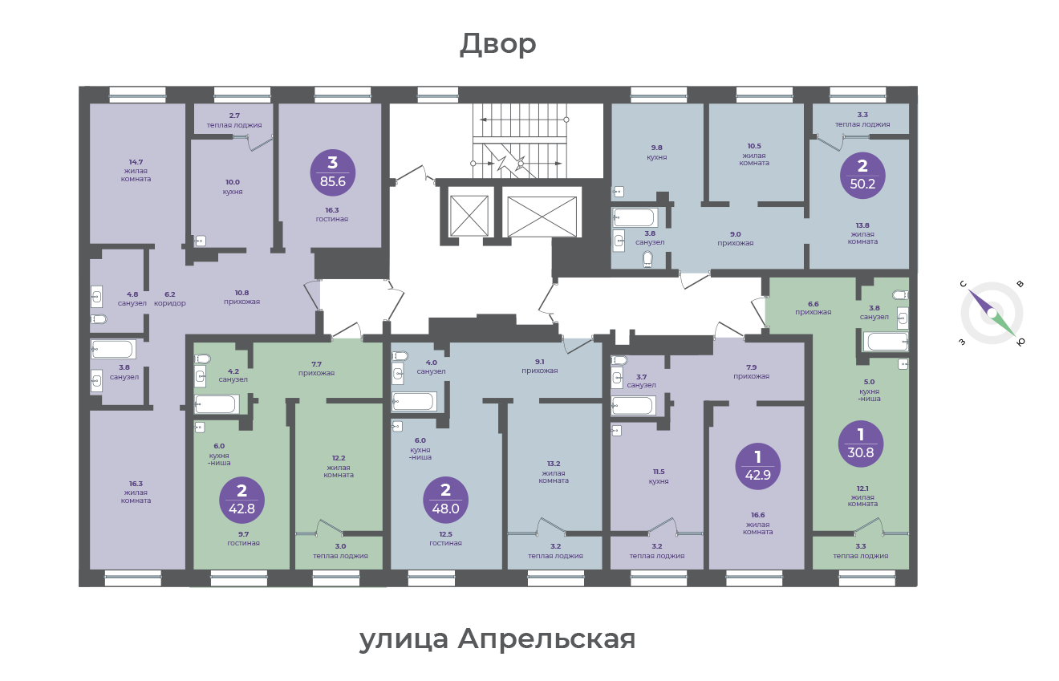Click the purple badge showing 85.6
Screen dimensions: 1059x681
pyautogui.click(x=332, y=173)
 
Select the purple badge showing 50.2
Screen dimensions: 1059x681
pyautogui.click(x=862, y=176)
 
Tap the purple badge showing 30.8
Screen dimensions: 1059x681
pyautogui.click(x=860, y=444)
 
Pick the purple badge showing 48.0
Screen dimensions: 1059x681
pyautogui.click(x=445, y=501)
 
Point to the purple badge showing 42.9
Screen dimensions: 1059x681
pyautogui.click(x=758, y=467)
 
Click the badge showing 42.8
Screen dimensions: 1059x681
pyautogui.click(x=241, y=501)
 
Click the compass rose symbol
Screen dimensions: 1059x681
pyautogui.click(x=992, y=314)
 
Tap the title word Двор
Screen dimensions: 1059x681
pyautogui.click(x=498, y=44)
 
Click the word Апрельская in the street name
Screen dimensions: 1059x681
pyautogui.click(x=546, y=639)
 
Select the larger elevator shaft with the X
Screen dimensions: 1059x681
pyautogui.click(x=542, y=216)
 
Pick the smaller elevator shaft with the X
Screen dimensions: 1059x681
pyautogui.click(x=469, y=216)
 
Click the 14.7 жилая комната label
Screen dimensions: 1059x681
pyautogui.click(x=136, y=171)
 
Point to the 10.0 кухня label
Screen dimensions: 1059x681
pyautogui.click(x=233, y=187)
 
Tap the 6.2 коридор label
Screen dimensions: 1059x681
pyautogui.click(x=170, y=298)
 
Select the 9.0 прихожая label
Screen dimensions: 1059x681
pyautogui.click(x=735, y=239)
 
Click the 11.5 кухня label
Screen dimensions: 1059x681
pyautogui.click(x=659, y=476)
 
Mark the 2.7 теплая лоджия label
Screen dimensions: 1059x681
pyautogui.click(x=234, y=120)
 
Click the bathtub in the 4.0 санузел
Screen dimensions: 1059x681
pyautogui.click(x=414, y=402)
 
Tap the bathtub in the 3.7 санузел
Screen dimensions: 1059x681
pyautogui.click(x=632, y=406)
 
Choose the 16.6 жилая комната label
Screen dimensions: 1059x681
pyautogui.click(x=758, y=524)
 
